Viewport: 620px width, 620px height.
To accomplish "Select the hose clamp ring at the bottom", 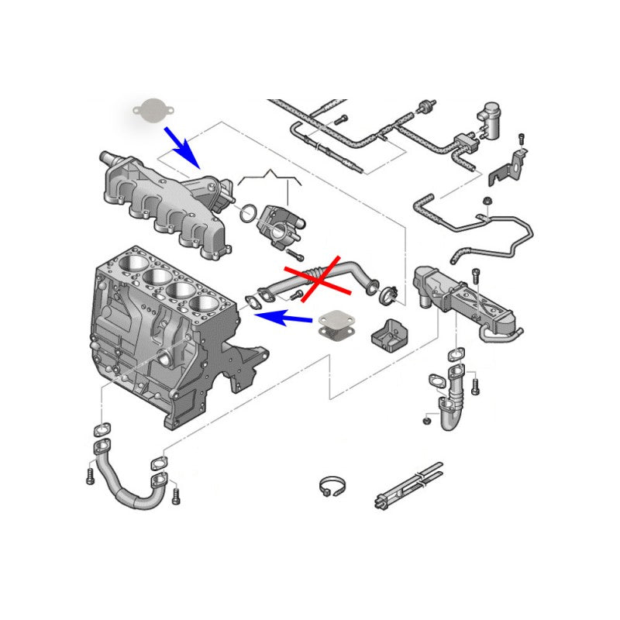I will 331,487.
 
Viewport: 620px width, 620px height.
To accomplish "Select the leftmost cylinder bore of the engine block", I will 130,267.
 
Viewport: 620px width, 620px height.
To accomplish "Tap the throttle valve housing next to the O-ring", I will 279,224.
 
